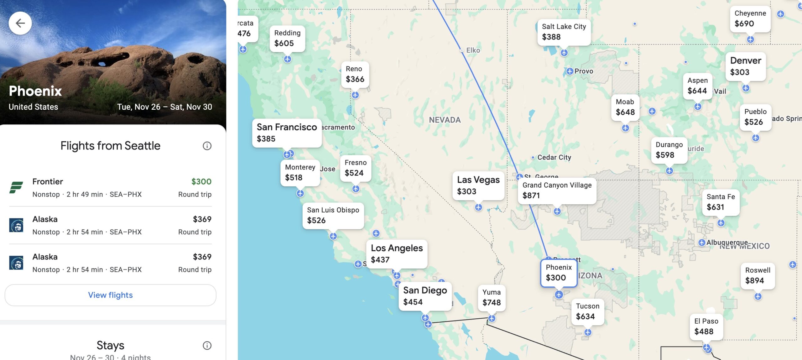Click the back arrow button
pyautogui.click(x=20, y=23)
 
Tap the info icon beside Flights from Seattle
pyautogui.click(x=207, y=146)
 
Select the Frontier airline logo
pyautogui.click(x=16, y=187)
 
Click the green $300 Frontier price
pyautogui.click(x=201, y=182)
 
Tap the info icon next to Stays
pyautogui.click(x=207, y=345)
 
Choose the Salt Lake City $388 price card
pyautogui.click(x=564, y=32)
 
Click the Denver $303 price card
pyautogui.click(x=745, y=66)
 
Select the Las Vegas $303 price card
pyautogui.click(x=478, y=185)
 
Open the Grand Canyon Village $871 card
pyautogui.click(x=557, y=190)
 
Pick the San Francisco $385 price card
pyautogui.click(x=287, y=133)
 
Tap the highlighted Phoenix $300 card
pyautogui.click(x=559, y=273)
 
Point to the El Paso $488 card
pyautogui.click(x=706, y=326)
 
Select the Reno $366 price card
pyautogui.click(x=355, y=74)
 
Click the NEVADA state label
pyautogui.click(x=445, y=120)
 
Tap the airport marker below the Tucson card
pyautogui.click(x=588, y=332)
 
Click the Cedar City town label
pyautogui.click(x=554, y=157)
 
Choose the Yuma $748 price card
pyautogui.click(x=491, y=298)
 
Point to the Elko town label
pyautogui.click(x=473, y=50)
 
